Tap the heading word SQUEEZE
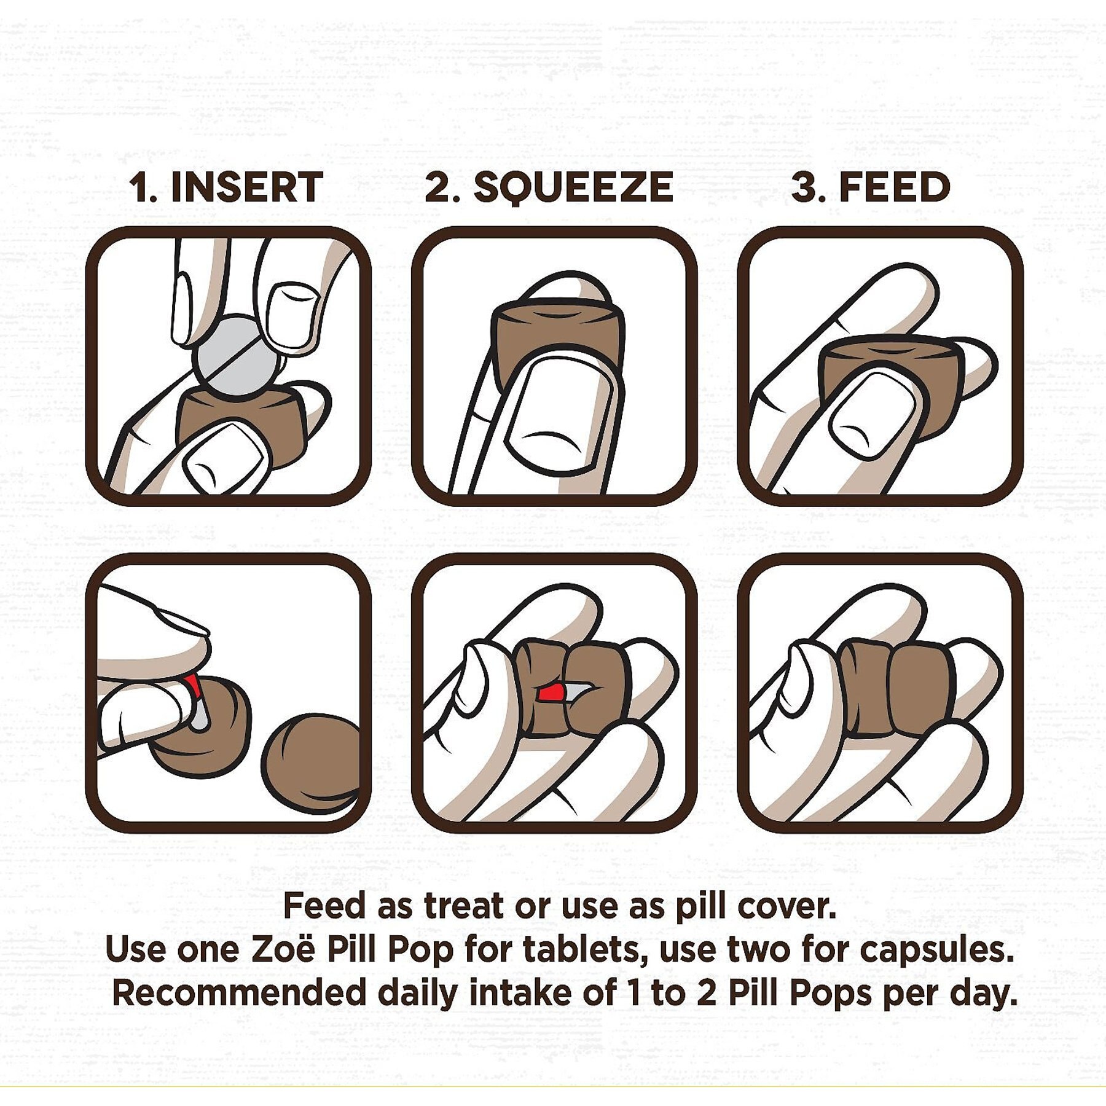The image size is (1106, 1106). pos(574,188)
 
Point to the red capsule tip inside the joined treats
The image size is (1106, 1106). pos(551,692)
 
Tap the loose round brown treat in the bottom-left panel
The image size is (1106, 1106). pos(310,765)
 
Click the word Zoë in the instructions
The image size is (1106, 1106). pos(283,949)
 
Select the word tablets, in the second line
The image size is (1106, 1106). pos(581,951)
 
